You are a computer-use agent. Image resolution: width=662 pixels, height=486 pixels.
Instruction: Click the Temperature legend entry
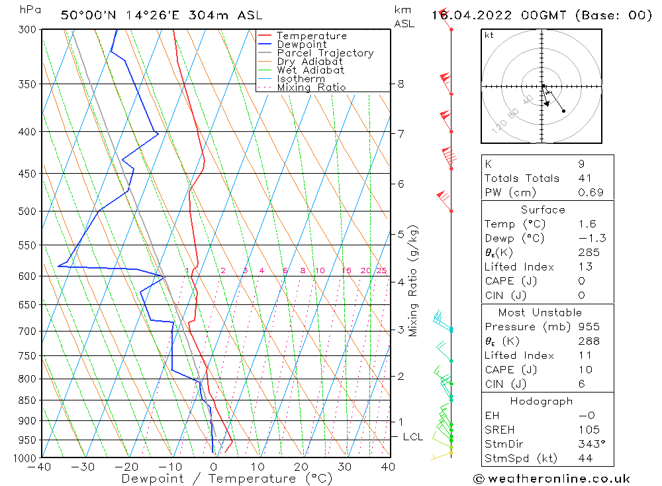click(x=311, y=36)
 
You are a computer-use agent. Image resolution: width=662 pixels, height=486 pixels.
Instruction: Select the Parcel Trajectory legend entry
click(x=325, y=53)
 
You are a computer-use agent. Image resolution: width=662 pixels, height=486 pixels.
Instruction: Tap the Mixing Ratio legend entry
click(x=311, y=87)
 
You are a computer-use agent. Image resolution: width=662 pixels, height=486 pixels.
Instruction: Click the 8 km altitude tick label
click(x=401, y=84)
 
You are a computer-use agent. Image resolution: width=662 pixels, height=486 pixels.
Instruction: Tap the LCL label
click(x=412, y=437)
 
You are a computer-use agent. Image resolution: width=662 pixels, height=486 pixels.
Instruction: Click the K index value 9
click(x=581, y=164)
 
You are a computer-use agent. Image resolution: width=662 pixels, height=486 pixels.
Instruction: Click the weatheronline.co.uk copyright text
click(x=551, y=478)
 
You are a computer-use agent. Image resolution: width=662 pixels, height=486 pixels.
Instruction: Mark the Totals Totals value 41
click(x=585, y=178)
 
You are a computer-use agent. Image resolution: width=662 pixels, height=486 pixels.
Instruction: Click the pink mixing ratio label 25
click(x=381, y=271)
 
